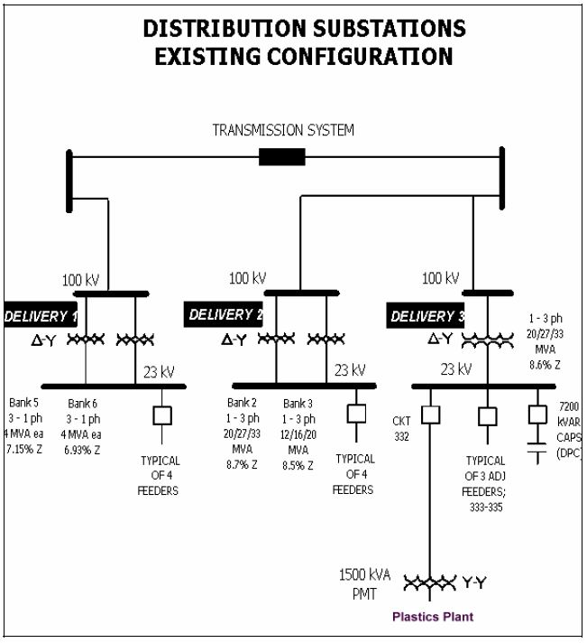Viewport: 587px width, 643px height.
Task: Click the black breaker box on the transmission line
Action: [x=281, y=156]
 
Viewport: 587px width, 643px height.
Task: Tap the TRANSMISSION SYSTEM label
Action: [x=283, y=130]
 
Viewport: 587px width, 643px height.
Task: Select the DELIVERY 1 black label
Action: [x=40, y=316]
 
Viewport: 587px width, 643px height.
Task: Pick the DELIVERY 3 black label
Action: [x=427, y=316]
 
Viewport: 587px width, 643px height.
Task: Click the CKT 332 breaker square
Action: [x=431, y=416]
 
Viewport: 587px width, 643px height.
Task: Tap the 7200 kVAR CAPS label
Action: [x=568, y=430]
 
